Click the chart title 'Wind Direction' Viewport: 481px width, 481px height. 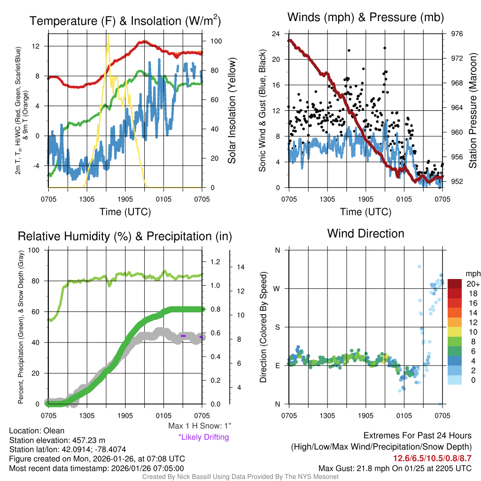coord(365,233)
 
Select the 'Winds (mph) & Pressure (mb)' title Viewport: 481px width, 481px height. coord(365,17)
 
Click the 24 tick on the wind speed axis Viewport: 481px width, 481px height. coord(276,34)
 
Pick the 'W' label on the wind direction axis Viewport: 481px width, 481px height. coord(277,288)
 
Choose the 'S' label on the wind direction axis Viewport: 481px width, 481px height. coord(277,327)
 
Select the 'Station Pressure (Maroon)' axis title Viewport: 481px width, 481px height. coord(473,111)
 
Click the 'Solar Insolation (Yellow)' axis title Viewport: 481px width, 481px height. coord(232,111)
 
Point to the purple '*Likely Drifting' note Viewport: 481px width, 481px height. coord(203,437)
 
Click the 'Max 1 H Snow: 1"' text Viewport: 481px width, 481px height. coord(200,427)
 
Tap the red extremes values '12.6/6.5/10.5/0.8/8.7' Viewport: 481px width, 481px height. coord(432,458)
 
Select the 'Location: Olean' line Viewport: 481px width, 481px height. coord(37,431)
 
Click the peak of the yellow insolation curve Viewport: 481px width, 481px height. coord(108,35)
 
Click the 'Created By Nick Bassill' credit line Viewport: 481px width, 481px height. coord(240,477)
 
